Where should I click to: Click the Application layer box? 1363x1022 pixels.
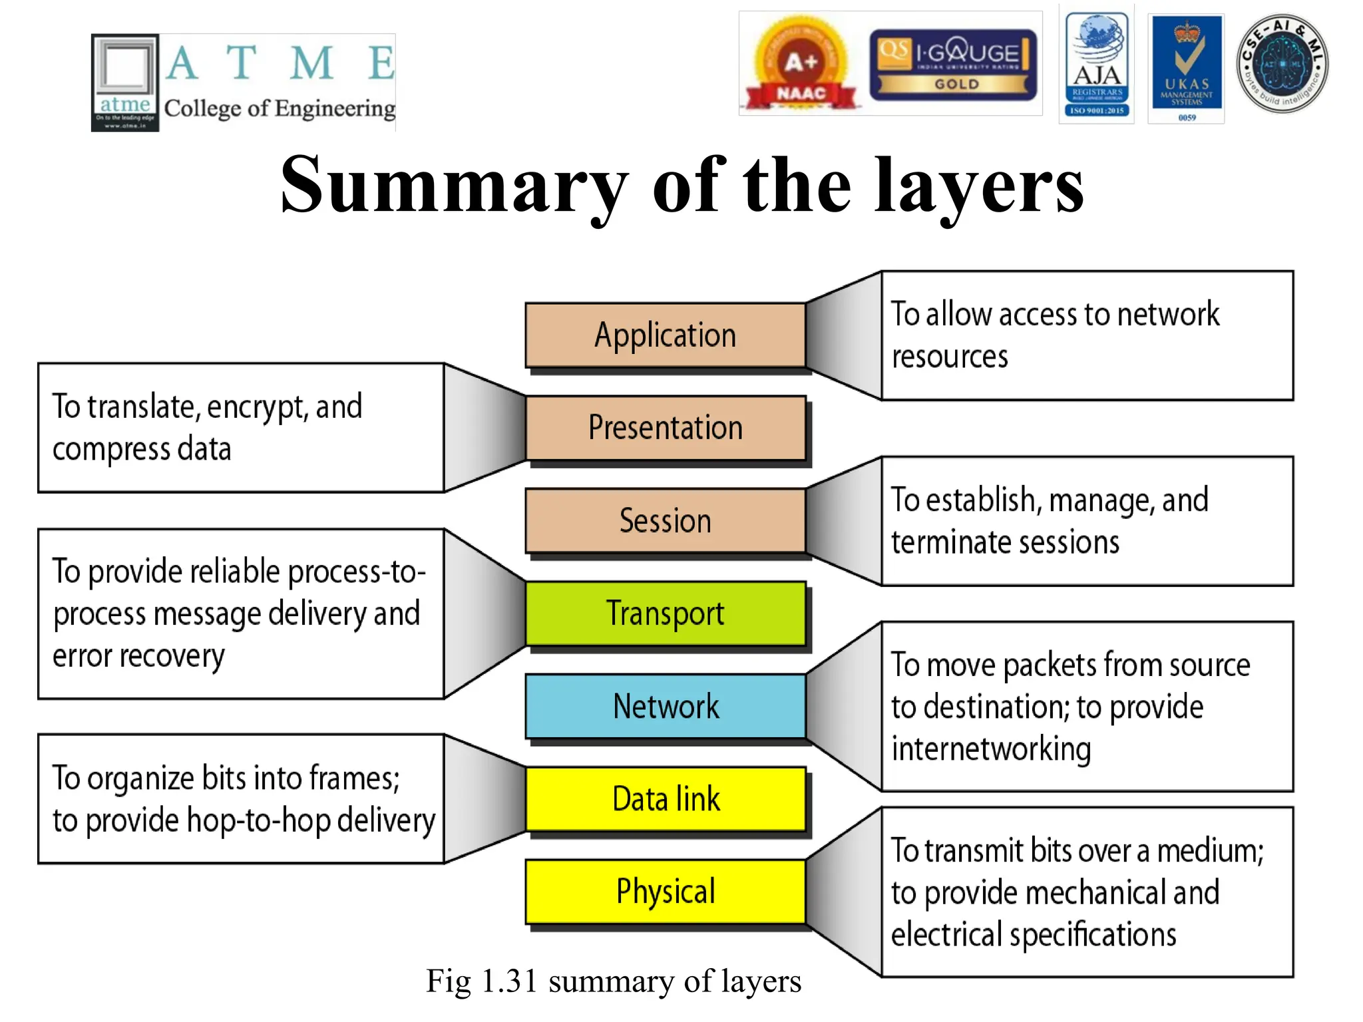click(665, 335)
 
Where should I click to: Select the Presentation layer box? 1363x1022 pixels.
click(665, 428)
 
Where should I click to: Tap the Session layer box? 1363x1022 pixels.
click(665, 520)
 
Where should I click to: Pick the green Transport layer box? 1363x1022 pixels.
click(665, 613)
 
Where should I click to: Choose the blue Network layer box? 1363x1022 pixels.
click(665, 706)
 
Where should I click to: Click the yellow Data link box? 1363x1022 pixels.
click(665, 798)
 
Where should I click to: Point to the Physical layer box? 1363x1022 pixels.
click(665, 891)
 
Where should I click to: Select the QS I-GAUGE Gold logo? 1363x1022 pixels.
click(953, 65)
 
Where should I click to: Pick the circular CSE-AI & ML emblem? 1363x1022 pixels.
click(1282, 64)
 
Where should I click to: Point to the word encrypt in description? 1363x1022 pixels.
click(258, 407)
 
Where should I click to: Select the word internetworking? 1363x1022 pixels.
click(991, 749)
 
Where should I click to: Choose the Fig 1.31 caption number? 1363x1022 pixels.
click(509, 981)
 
